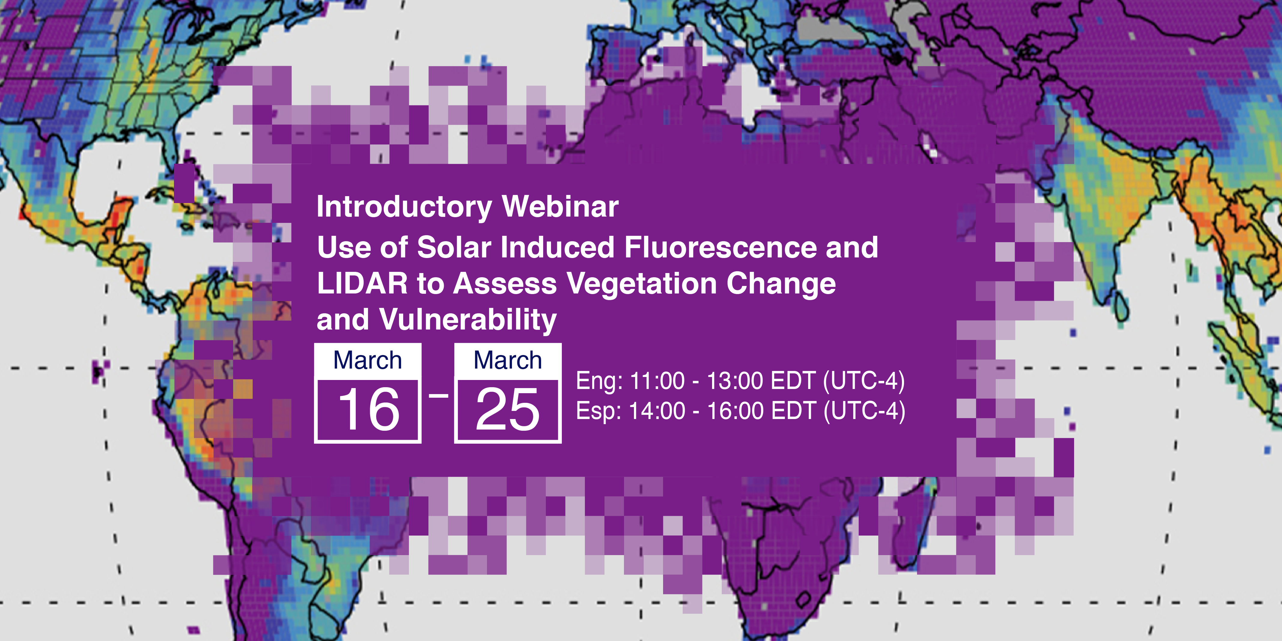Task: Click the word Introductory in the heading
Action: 404,207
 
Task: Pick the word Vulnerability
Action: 468,320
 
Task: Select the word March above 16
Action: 368,360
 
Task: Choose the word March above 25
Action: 508,360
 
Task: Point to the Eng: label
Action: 599,381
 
